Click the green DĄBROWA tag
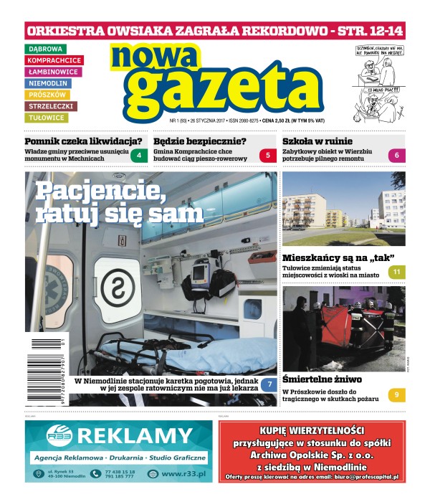click(44, 49)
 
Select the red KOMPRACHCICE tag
click(54, 60)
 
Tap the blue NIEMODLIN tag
click(49, 83)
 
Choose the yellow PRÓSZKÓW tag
click(47, 95)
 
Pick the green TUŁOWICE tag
click(47, 118)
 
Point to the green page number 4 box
click(139, 155)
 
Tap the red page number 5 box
click(268, 155)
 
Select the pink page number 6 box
click(397, 155)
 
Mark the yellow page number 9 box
click(396, 394)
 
